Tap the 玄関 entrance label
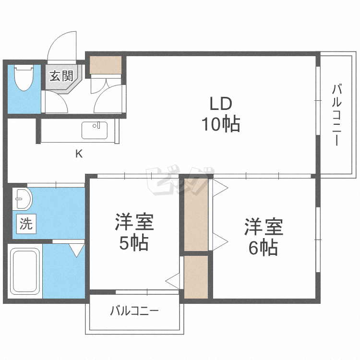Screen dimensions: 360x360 pos(61,75)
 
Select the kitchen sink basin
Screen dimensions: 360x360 pos(96,131)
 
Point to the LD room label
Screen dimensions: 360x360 pos(220,104)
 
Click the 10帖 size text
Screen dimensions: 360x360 pos(220,125)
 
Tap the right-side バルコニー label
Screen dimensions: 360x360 pos(336,115)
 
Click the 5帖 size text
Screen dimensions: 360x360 pos(133,244)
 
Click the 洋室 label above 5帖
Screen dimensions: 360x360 pos(134,223)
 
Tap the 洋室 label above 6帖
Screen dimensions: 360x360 pos(264,227)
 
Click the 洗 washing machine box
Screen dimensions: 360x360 pos(26,224)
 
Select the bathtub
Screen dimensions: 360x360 pos(25,272)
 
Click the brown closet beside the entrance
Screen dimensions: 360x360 pos(106,65)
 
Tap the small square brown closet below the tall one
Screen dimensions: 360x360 pos(196,277)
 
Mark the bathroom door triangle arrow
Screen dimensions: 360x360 pos(76,250)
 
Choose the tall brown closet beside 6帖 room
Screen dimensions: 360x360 pos(196,215)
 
